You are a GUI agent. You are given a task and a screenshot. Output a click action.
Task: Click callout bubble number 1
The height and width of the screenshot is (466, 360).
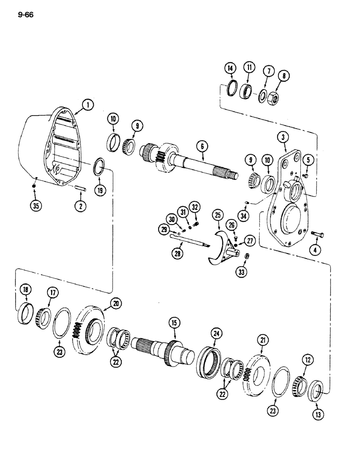(86, 106)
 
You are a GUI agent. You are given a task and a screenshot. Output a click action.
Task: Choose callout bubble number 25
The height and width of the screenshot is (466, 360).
(217, 215)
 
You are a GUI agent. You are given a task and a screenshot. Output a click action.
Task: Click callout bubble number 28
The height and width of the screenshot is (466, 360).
(178, 253)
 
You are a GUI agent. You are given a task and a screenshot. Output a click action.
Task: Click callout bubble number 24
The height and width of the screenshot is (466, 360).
(216, 333)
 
